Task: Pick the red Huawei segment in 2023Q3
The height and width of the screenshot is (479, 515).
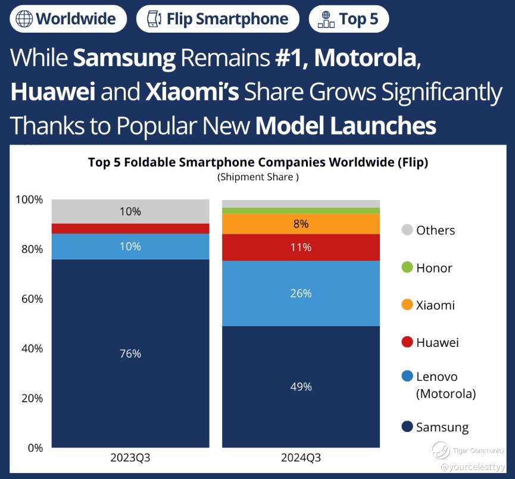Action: [130, 228]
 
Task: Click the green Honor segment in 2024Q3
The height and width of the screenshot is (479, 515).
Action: [301, 211]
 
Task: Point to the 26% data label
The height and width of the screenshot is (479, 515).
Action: [301, 293]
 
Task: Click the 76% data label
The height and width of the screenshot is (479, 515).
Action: [130, 354]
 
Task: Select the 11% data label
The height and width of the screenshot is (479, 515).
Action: [301, 248]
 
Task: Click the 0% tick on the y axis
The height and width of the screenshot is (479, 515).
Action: [35, 448]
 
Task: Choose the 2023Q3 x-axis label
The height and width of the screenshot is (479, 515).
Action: [130, 458]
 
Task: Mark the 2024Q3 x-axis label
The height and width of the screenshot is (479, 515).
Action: [301, 458]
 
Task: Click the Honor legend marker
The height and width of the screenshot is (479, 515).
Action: [407, 268]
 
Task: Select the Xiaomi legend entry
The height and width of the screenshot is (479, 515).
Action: [435, 305]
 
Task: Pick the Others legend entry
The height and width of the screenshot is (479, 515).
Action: [435, 230]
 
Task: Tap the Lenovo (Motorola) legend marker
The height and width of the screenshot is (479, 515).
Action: [407, 377]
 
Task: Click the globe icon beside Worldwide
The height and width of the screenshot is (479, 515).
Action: [24, 18]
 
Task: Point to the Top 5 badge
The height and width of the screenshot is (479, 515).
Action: [349, 18]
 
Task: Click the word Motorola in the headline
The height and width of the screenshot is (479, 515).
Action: [365, 58]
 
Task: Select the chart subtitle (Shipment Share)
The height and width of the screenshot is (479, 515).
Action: [258, 177]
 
